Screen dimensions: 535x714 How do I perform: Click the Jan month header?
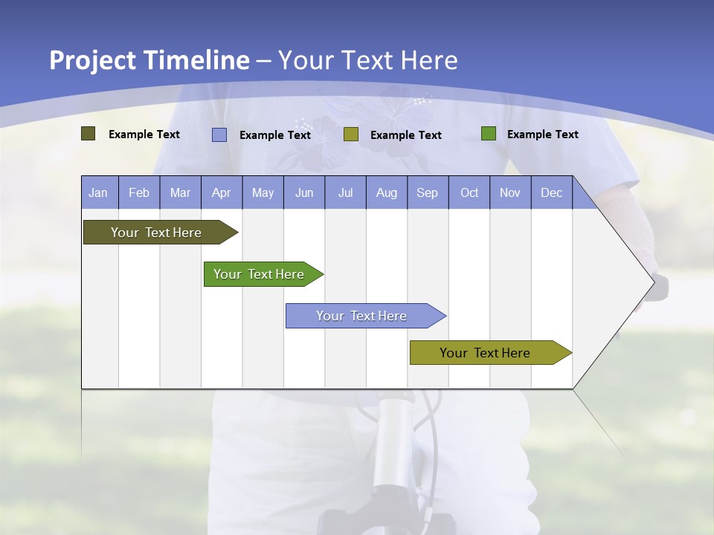tap(99, 192)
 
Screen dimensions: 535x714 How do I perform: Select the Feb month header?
tap(139, 192)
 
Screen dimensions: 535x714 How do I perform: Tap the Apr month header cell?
tap(222, 192)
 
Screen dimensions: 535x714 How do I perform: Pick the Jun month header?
tap(304, 192)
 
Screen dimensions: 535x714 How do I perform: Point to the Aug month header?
tap(387, 192)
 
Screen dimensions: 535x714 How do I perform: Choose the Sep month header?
tap(428, 192)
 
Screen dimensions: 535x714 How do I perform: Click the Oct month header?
tap(469, 192)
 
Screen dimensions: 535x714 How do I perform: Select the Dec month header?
tap(552, 192)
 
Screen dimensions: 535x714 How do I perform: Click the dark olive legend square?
tap(89, 134)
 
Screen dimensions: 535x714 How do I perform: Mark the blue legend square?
tap(219, 134)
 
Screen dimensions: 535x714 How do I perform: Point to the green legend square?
tap(489, 134)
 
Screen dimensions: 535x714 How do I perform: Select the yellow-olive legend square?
tap(351, 134)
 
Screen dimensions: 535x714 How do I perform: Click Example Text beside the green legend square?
tap(542, 134)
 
